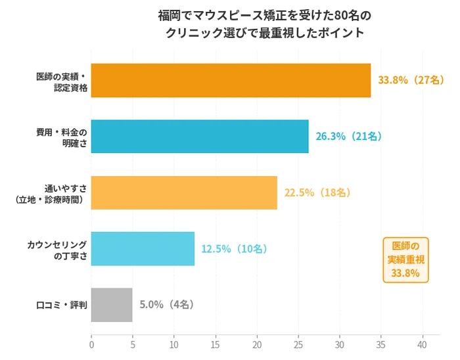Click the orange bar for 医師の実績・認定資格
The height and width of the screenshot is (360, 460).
[x=231, y=80]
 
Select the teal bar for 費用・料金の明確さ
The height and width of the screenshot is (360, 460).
[x=200, y=137]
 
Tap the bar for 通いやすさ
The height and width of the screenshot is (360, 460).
[x=184, y=192]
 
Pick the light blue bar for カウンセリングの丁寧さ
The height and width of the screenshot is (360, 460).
[x=143, y=249]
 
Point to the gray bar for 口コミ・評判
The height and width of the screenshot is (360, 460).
[x=112, y=305]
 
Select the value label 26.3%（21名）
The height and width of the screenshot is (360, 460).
[x=349, y=137]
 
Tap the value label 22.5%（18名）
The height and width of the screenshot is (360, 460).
[x=317, y=192]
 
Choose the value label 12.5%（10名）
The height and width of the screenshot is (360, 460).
[x=235, y=249]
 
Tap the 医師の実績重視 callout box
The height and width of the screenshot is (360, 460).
[x=405, y=259]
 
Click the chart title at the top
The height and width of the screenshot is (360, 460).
[x=260, y=24]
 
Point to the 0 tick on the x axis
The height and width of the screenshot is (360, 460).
[x=91, y=344]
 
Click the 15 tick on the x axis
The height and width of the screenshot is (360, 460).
[x=216, y=344]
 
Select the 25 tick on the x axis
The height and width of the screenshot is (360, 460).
[x=298, y=344]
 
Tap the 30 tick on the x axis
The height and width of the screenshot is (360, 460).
[x=340, y=344]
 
